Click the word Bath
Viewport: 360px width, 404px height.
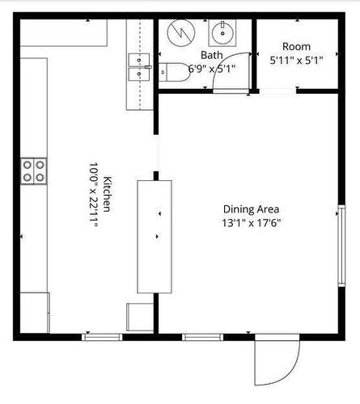[211, 55]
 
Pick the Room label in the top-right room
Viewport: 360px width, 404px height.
[296, 46]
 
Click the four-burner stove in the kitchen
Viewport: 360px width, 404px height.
[34, 170]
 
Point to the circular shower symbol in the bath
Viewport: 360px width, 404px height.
[182, 35]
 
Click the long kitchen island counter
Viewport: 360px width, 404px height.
[154, 235]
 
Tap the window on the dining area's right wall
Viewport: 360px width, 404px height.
[340, 245]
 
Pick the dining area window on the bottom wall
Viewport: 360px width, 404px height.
[201, 336]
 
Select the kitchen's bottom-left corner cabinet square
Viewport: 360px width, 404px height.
[34, 312]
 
